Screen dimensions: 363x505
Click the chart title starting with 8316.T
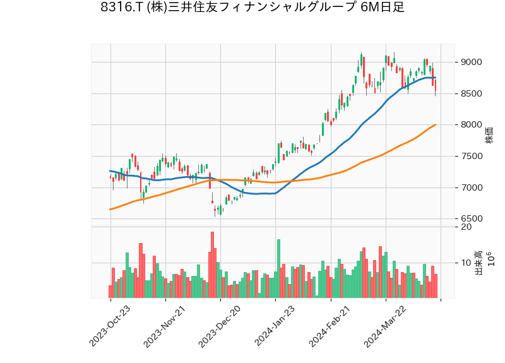(252, 8)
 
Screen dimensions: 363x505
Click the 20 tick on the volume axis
(466, 227)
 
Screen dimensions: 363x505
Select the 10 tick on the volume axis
(466, 263)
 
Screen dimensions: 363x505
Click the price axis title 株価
(489, 134)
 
